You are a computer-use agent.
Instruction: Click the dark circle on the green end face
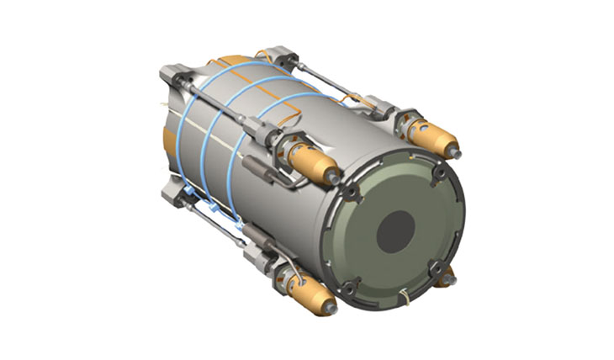(394, 230)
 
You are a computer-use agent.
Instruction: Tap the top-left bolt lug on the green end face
(350, 193)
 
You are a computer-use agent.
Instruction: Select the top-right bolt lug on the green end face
(438, 172)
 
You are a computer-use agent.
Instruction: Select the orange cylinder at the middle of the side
(310, 163)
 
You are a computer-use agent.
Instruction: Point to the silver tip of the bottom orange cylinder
(331, 309)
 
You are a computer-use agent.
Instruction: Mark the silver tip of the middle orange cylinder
(336, 178)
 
